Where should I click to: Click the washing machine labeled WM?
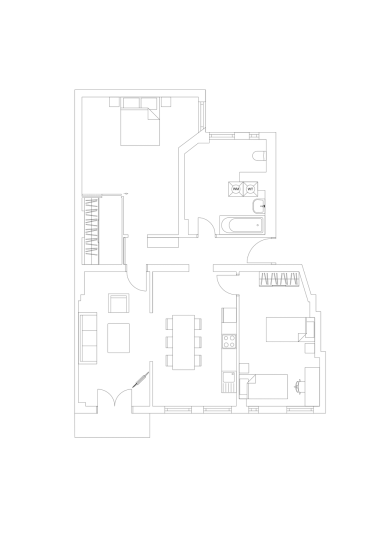[x=236, y=188]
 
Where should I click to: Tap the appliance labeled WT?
[x=250, y=188]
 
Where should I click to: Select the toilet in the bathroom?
[x=259, y=156]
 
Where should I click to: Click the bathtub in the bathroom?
[x=241, y=225]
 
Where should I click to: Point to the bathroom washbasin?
[x=258, y=206]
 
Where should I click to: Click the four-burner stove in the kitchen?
[x=229, y=341]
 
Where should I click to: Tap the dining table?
[x=183, y=342]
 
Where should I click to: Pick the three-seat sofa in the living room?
[x=88, y=337]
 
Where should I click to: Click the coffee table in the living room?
[x=118, y=338]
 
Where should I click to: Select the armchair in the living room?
[x=118, y=303]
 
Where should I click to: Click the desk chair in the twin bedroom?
[x=299, y=385]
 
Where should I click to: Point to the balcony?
[x=112, y=425]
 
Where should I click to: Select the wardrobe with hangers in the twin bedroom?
[x=279, y=279]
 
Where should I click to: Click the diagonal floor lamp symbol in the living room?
[x=141, y=380]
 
